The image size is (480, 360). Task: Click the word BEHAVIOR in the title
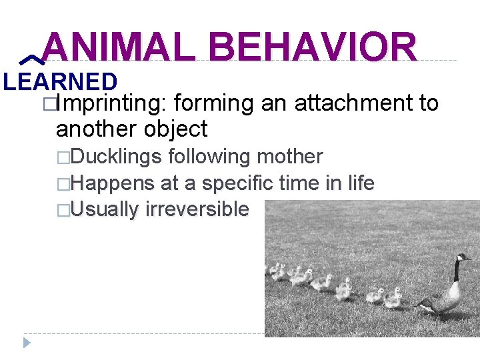pyautogui.click(x=313, y=47)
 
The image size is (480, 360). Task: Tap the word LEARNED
pyautogui.click(x=60, y=81)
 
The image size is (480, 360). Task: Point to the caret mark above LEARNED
pyautogui.click(x=29, y=61)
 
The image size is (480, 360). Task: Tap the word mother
pyautogui.click(x=289, y=157)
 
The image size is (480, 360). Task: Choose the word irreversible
pyautogui.click(x=197, y=209)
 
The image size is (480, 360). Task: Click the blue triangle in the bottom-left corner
pyautogui.click(x=27, y=343)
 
